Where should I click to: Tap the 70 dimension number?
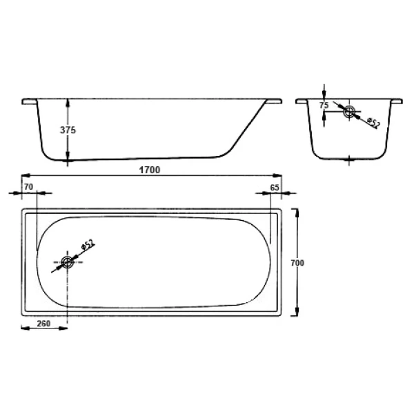coord(28,187)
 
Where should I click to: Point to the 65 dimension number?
coord(274,187)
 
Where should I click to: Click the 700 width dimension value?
coord(297,263)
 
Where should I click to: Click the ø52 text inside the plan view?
coord(88,245)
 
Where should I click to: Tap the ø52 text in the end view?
coord(373,123)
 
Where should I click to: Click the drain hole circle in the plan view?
coord(67,262)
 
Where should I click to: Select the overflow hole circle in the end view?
coord(349,110)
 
